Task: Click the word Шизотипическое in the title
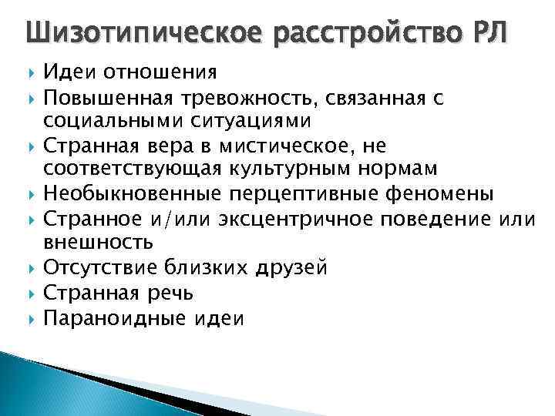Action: (135, 34)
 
